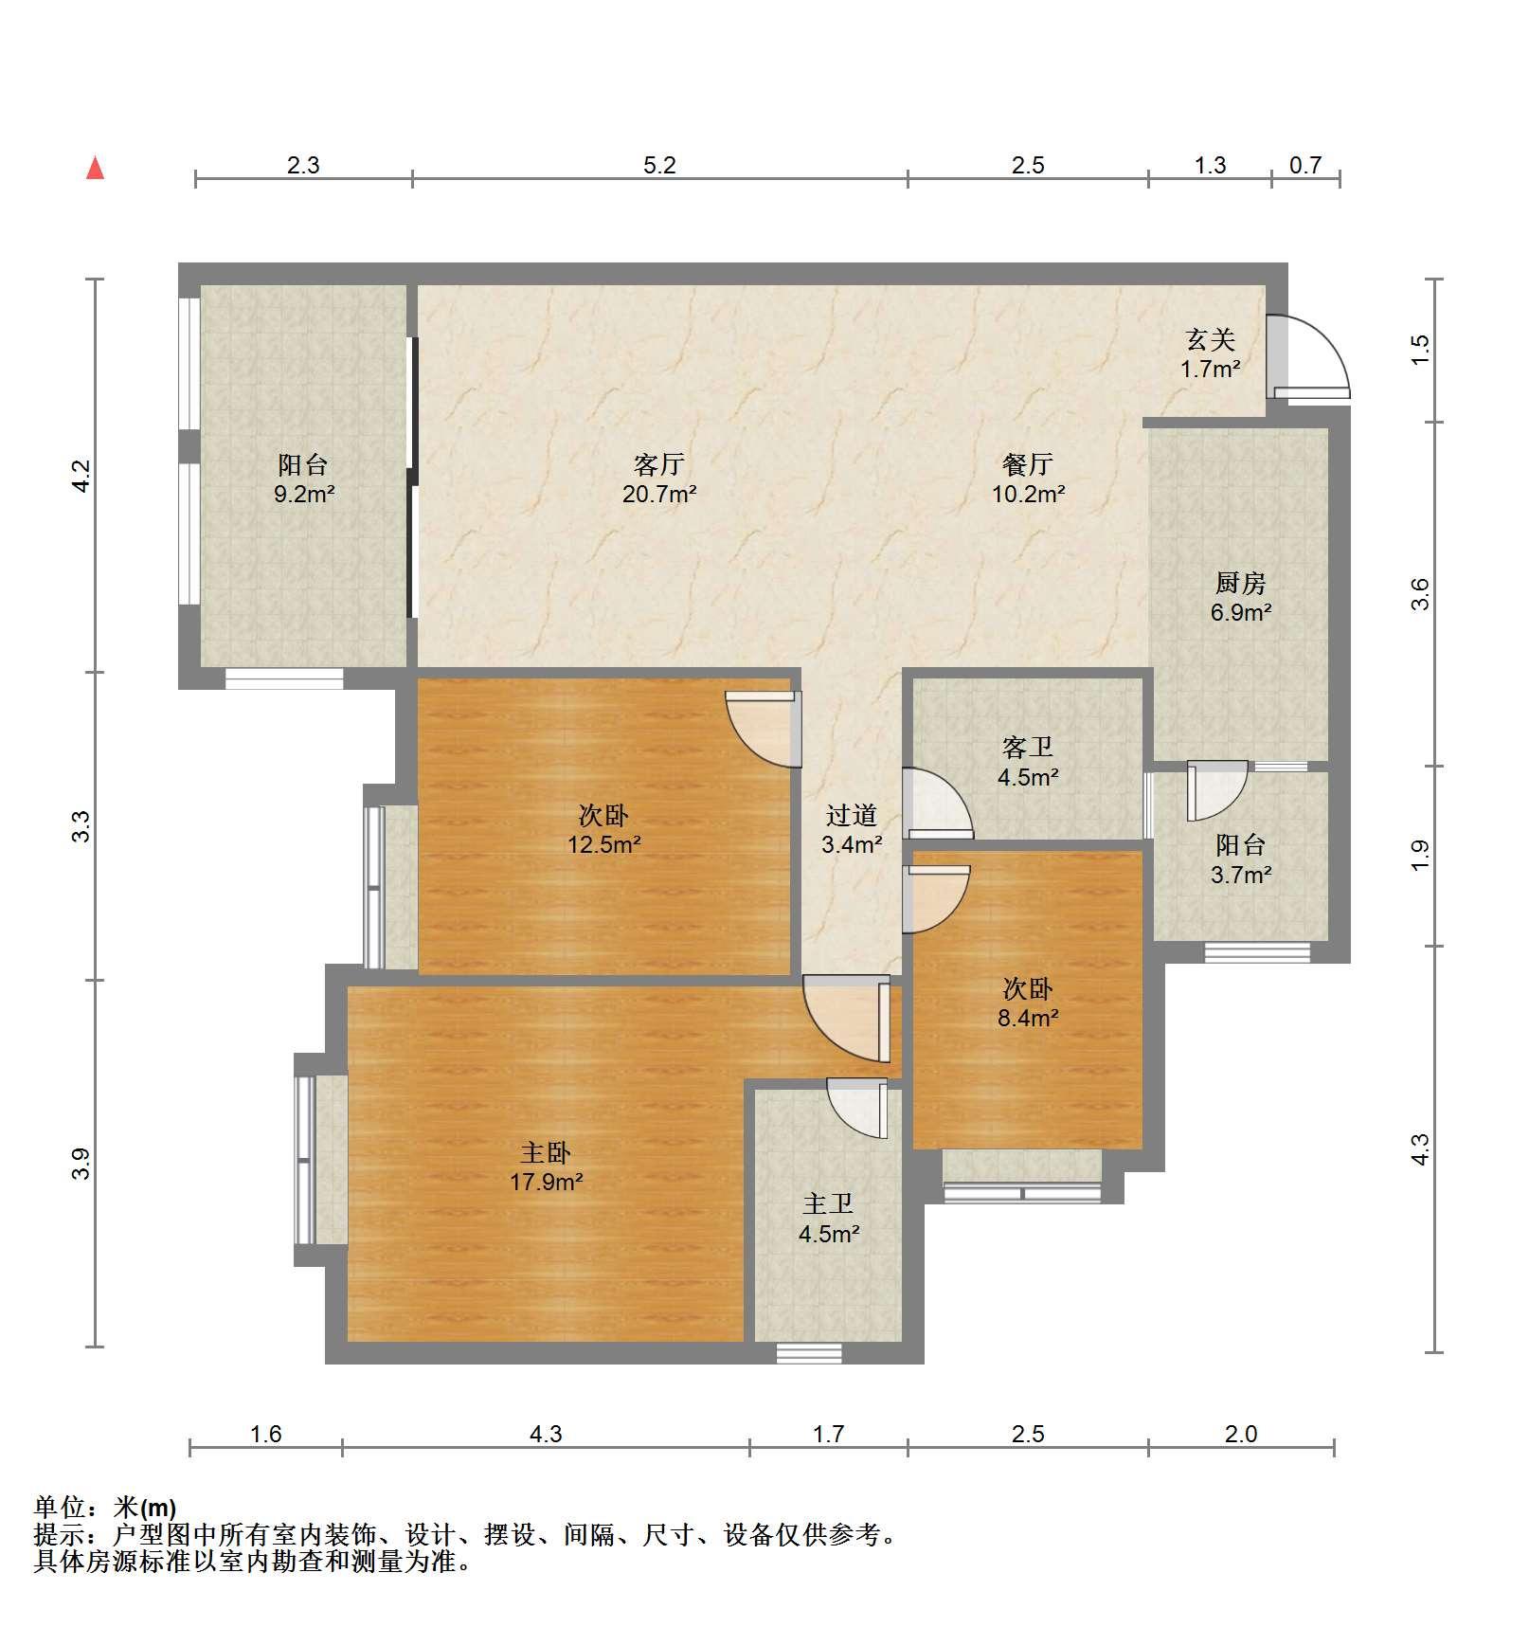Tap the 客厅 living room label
tap(659, 464)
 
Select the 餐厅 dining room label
tap(1028, 464)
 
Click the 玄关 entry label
tap(1211, 339)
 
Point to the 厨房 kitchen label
tap(1240, 583)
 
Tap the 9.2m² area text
tap(304, 494)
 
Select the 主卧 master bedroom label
tap(546, 1152)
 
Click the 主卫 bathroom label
tap(829, 1204)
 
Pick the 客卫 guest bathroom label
tap(1028, 748)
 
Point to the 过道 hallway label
tap(851, 815)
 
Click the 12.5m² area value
tap(604, 844)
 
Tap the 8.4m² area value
tap(1028, 1019)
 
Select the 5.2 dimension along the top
tap(659, 165)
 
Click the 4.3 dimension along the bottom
tap(546, 1434)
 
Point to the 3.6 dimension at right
tap(1419, 594)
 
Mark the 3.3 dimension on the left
tap(82, 826)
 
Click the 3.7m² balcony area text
tap(1241, 875)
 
